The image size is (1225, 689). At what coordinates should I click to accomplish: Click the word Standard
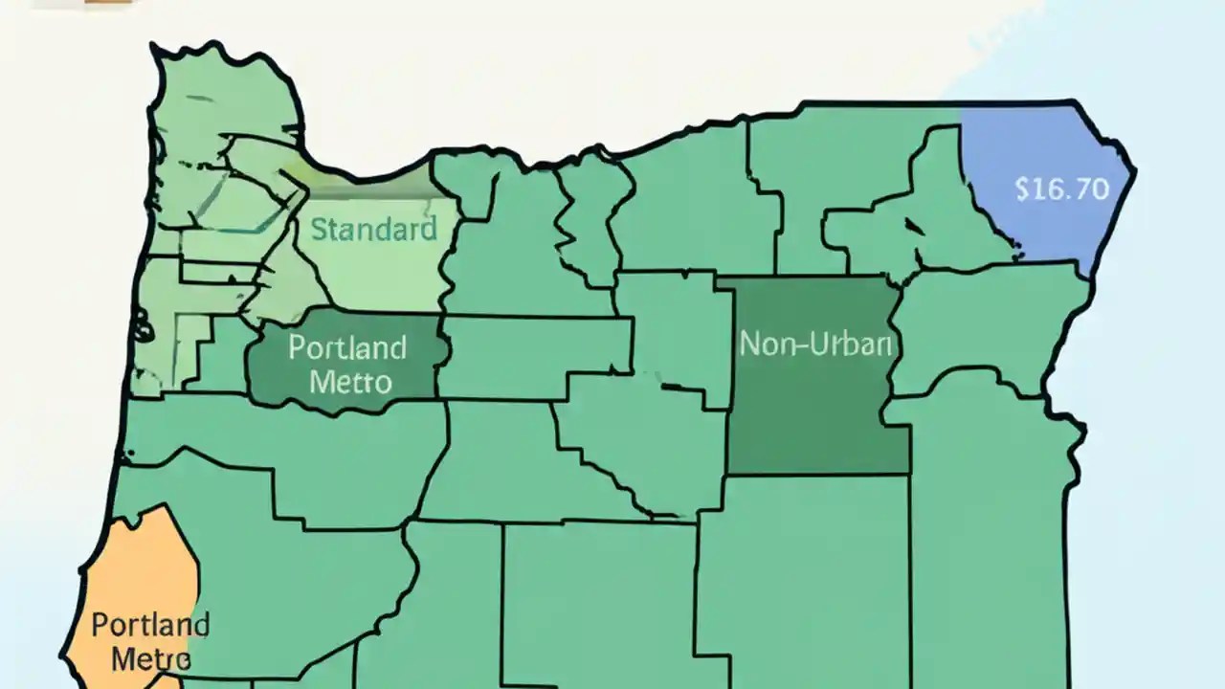(373, 229)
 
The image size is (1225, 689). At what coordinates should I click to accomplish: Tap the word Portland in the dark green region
(346, 346)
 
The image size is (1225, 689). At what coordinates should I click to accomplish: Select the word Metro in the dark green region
(351, 382)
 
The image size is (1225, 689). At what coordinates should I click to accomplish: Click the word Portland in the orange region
(150, 626)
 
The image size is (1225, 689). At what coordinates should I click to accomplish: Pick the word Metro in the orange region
(150, 658)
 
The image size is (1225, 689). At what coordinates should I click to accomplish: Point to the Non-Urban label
(816, 344)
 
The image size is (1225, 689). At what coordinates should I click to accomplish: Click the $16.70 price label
(1061, 189)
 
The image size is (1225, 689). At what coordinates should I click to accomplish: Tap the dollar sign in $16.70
(1022, 189)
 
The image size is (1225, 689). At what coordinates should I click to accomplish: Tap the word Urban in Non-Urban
(851, 344)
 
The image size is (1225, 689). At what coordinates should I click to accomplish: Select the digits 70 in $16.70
(1092, 189)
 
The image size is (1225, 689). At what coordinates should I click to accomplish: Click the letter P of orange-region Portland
(99, 626)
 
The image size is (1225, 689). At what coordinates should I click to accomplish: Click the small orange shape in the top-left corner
(105, 3)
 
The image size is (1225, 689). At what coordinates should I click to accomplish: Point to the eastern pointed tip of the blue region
(1134, 172)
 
